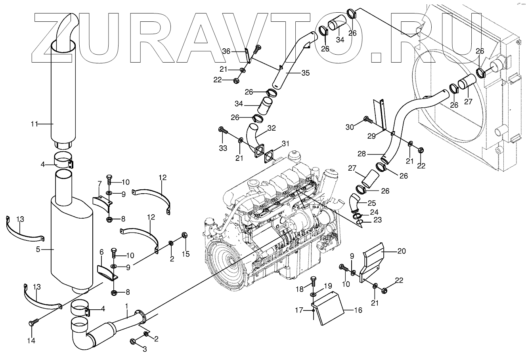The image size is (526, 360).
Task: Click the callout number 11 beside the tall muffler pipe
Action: point(34,124)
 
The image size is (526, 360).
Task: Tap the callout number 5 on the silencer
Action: point(38,250)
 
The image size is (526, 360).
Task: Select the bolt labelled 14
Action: point(31,323)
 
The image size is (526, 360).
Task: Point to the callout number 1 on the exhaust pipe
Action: point(126,306)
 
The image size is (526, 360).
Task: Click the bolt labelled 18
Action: point(313,281)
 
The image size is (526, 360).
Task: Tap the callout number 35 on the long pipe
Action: point(305,73)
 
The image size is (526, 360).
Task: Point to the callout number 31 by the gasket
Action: point(286,143)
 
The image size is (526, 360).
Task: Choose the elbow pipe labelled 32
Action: point(252,134)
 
